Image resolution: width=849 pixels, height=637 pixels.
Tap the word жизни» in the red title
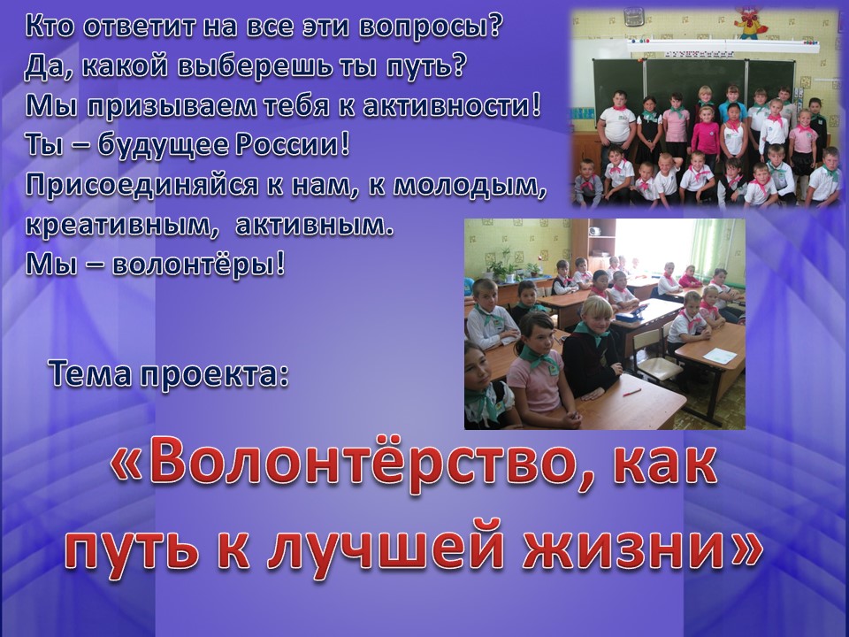pos(642,545)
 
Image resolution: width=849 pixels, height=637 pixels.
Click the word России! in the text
pos(293,146)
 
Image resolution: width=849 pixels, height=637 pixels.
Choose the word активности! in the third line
pos(452,107)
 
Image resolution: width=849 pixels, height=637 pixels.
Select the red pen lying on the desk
pos(631,392)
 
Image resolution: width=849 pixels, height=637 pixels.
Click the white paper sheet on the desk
pos(720,356)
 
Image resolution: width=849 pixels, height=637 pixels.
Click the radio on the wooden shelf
pos(594,231)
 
